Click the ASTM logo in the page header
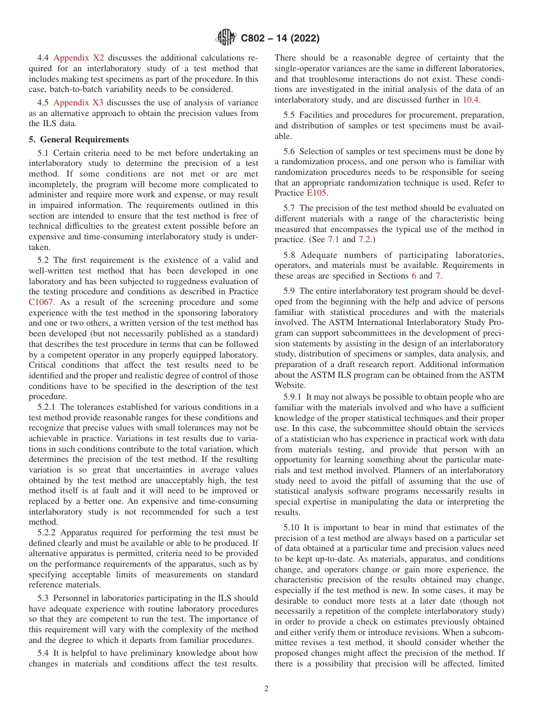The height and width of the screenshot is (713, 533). [x=226, y=38]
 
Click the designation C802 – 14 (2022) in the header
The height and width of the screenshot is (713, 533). [x=280, y=38]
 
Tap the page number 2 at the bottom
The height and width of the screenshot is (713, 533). [x=266, y=689]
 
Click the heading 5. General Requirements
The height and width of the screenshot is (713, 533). [x=79, y=140]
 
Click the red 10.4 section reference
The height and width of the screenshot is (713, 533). [x=470, y=100]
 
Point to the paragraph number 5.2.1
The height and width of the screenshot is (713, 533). [x=47, y=407]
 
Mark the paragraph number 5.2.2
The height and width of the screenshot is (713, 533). [x=47, y=533]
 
